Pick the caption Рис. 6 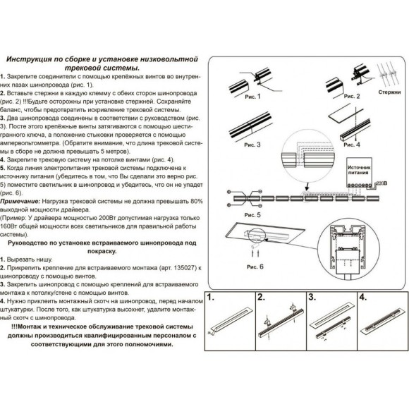(x=253, y=267)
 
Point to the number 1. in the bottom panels (x=212, y=297)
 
